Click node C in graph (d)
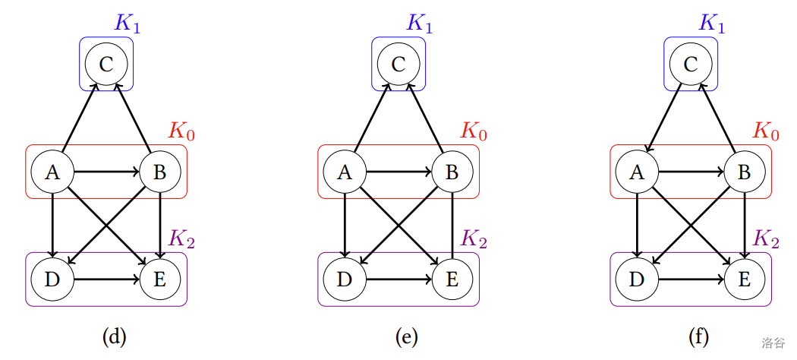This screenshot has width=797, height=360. [x=106, y=64]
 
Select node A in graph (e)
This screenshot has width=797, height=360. [x=345, y=172]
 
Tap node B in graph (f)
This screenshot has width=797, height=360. [x=744, y=172]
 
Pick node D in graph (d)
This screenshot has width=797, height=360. [x=52, y=279]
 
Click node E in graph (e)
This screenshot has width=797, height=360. [x=452, y=279]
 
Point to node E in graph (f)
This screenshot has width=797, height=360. [x=744, y=279]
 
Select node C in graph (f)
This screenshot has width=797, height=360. [x=691, y=64]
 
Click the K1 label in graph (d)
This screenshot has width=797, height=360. [x=127, y=23]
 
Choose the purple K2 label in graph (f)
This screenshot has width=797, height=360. [x=766, y=238]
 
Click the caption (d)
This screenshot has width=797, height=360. [x=114, y=336]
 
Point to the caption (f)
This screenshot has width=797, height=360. [x=698, y=336]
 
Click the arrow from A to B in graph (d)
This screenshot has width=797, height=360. [x=106, y=172]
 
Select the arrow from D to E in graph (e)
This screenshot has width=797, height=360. [x=398, y=279]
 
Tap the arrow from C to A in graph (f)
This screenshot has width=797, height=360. [x=664, y=118]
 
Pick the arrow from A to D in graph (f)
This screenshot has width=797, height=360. [x=637, y=226]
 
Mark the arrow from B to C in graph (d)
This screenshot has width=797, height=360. [x=133, y=118]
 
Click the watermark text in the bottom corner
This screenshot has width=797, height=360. [x=773, y=343]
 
